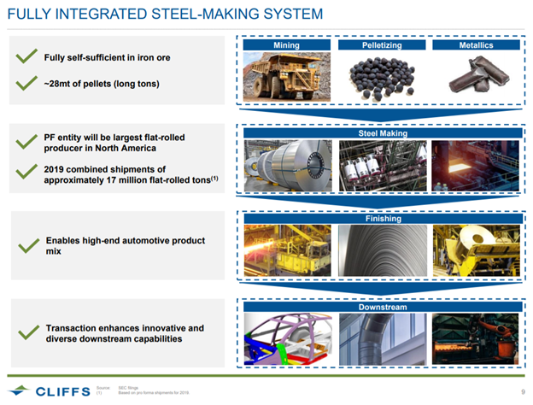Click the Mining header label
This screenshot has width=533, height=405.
(285, 44)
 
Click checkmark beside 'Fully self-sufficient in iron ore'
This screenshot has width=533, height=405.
(26, 57)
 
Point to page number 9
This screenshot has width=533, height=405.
(520, 391)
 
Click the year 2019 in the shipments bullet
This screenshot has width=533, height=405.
(56, 169)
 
